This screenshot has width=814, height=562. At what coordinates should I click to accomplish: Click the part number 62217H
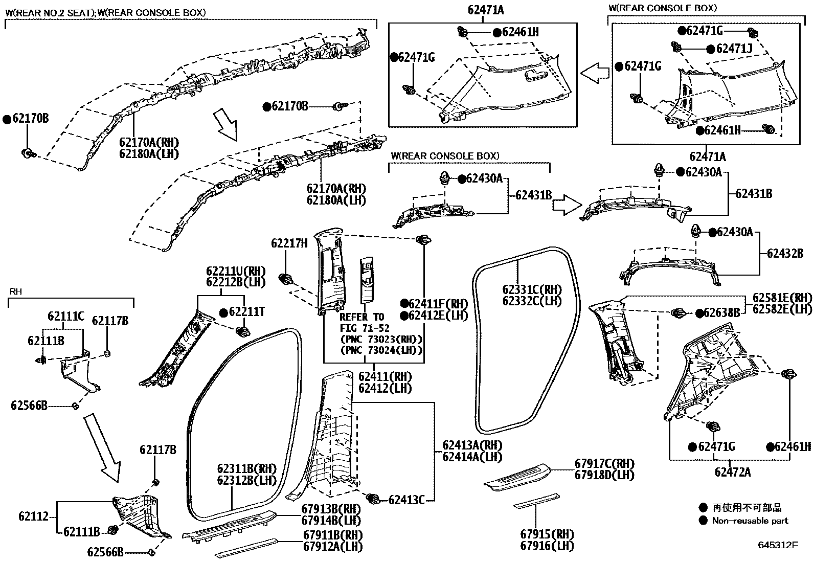point(289,243)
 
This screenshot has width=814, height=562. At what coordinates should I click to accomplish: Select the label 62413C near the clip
point(406,500)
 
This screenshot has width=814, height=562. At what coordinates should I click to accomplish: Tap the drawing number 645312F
point(778,545)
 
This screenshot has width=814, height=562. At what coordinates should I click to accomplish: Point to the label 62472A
point(732,472)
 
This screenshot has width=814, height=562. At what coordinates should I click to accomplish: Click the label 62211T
point(247,312)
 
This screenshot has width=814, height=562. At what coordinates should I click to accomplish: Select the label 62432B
point(785,254)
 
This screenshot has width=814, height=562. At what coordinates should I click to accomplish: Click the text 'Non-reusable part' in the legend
point(750,521)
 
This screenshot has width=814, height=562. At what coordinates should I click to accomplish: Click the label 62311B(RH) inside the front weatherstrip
point(246,468)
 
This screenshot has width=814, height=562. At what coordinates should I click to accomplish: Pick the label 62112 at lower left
point(34,516)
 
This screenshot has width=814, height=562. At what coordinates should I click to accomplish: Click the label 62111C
point(66,317)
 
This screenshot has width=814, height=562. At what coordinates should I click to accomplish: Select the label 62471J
point(734,49)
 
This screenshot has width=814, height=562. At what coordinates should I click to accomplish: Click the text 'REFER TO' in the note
point(361,317)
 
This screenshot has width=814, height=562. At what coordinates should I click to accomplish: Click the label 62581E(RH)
point(782,298)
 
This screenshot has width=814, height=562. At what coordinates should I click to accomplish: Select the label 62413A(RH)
point(472,445)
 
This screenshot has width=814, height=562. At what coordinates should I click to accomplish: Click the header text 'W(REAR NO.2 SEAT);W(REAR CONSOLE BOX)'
point(106,11)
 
